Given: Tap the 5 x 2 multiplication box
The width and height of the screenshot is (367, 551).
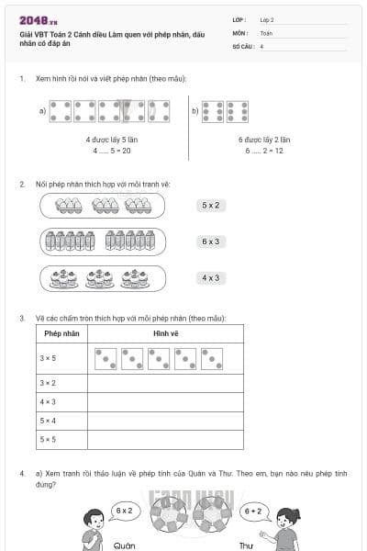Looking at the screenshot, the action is [210, 205].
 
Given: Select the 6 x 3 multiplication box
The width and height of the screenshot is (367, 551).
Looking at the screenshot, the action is [210, 242].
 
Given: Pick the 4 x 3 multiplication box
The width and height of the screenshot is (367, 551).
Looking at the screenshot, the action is [210, 277].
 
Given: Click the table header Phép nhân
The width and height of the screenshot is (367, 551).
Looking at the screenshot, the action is [59, 332].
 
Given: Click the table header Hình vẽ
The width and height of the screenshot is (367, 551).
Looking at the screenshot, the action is [165, 332].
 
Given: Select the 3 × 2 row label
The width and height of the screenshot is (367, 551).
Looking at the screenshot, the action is [48, 382].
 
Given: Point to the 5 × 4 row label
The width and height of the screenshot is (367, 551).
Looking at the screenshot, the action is [48, 421].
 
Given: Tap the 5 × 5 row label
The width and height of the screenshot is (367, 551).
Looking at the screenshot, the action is [48, 439].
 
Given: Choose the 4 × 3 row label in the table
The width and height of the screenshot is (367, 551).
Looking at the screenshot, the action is [48, 401].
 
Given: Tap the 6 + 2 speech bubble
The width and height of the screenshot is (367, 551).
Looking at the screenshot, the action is [253, 510].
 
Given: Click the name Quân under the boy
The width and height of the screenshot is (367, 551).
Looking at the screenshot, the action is [124, 545].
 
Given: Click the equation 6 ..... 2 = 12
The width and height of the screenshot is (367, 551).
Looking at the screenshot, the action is [264, 150].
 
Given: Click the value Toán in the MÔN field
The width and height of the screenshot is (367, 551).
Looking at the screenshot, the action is [266, 32].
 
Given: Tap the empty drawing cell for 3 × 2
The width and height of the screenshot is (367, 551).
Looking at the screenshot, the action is [165, 382].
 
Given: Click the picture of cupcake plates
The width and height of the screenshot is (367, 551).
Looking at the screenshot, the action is [102, 277].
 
